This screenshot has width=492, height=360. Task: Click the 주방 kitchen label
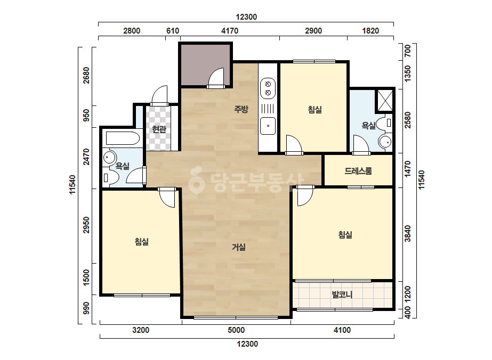pos(241,109)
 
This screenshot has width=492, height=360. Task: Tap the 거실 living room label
pos(238,247)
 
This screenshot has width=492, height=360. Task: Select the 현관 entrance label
pos(159,129)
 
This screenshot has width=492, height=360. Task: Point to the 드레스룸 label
pos(358,171)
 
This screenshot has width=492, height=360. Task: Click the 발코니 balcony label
pos(342,294)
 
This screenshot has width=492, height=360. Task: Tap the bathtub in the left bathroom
pos(123,138)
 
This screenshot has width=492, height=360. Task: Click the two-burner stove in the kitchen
pos(268,88)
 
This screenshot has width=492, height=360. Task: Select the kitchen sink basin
pos(268,126)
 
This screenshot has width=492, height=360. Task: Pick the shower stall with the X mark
pos(385,101)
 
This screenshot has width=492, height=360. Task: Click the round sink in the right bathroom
pos(385,142)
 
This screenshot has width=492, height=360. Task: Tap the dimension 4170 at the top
pos(230,31)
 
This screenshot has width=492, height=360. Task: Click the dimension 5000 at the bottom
pos(236,330)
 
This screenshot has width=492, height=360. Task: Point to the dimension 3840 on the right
pos(407,234)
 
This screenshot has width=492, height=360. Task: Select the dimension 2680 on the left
pos(86,75)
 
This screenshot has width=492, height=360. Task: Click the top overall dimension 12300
pos(246,17)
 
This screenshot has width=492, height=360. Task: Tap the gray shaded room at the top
pos(205,64)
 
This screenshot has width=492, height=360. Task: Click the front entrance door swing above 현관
pos(159,96)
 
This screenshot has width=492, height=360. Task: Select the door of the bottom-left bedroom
pos(167,198)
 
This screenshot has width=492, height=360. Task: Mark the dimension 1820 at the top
pos(370,31)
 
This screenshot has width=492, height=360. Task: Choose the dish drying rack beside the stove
pos(268,109)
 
